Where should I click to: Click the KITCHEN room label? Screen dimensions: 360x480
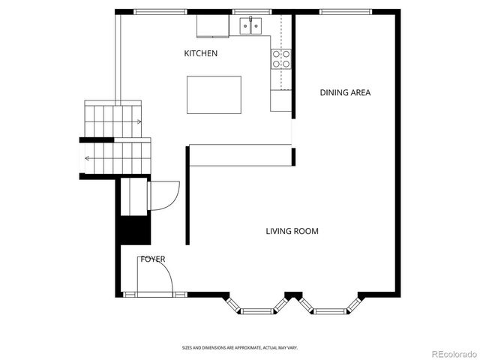201,53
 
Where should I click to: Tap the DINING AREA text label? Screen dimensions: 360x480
345,93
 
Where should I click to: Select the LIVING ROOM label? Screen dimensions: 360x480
292,231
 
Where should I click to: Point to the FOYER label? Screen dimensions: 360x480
152,259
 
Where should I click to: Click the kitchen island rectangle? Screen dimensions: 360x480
214,94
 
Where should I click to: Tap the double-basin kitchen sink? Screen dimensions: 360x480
250,27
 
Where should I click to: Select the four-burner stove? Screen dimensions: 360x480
281,59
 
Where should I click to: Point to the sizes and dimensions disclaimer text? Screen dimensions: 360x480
240,348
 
